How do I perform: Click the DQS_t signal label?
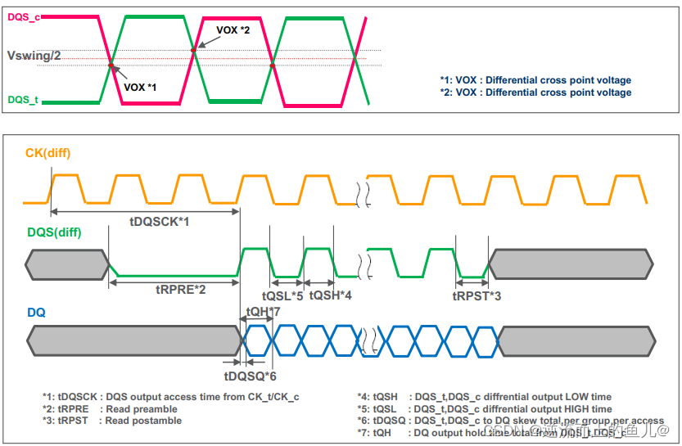[x=22, y=100]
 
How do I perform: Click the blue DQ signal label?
[x=36, y=312]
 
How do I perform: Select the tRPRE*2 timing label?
[x=180, y=289]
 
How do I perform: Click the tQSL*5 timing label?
[x=282, y=295]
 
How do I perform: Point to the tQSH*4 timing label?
[x=331, y=295]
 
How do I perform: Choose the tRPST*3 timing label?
[x=477, y=295]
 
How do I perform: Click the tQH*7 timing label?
[x=263, y=312]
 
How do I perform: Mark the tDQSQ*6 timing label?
[x=250, y=376]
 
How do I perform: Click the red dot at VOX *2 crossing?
[x=193, y=50]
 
